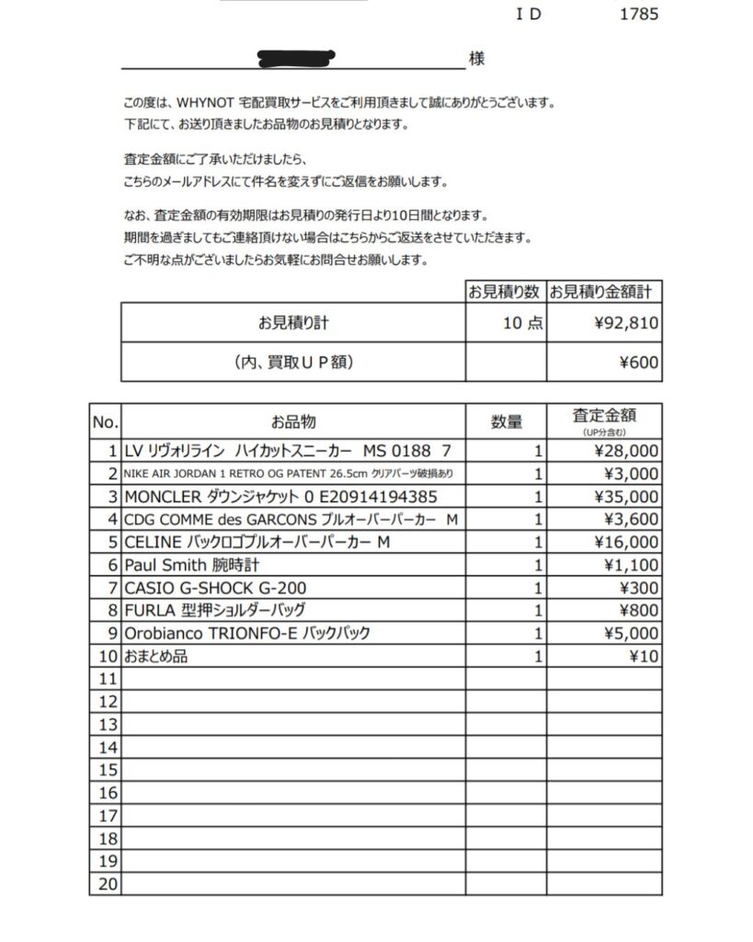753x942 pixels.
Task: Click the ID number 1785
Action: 640,14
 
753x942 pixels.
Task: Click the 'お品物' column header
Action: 293,422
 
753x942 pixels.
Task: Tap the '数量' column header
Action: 507,422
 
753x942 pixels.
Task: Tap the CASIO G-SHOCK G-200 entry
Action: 214,588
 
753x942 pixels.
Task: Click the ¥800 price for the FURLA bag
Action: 640,611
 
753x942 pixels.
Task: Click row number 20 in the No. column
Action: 108,884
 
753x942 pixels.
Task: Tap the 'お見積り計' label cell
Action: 293,324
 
